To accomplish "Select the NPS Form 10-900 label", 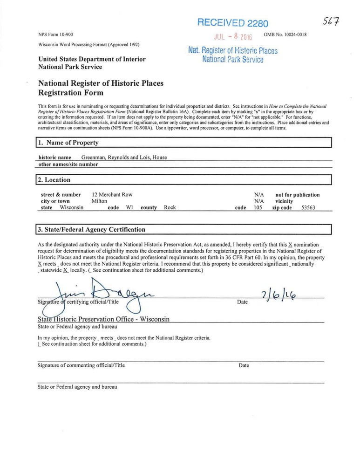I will [x=55, y=35].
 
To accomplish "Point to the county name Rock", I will [x=170, y=208].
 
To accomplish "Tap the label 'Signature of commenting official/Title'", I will [x=81, y=365].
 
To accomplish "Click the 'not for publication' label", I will [x=298, y=195].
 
